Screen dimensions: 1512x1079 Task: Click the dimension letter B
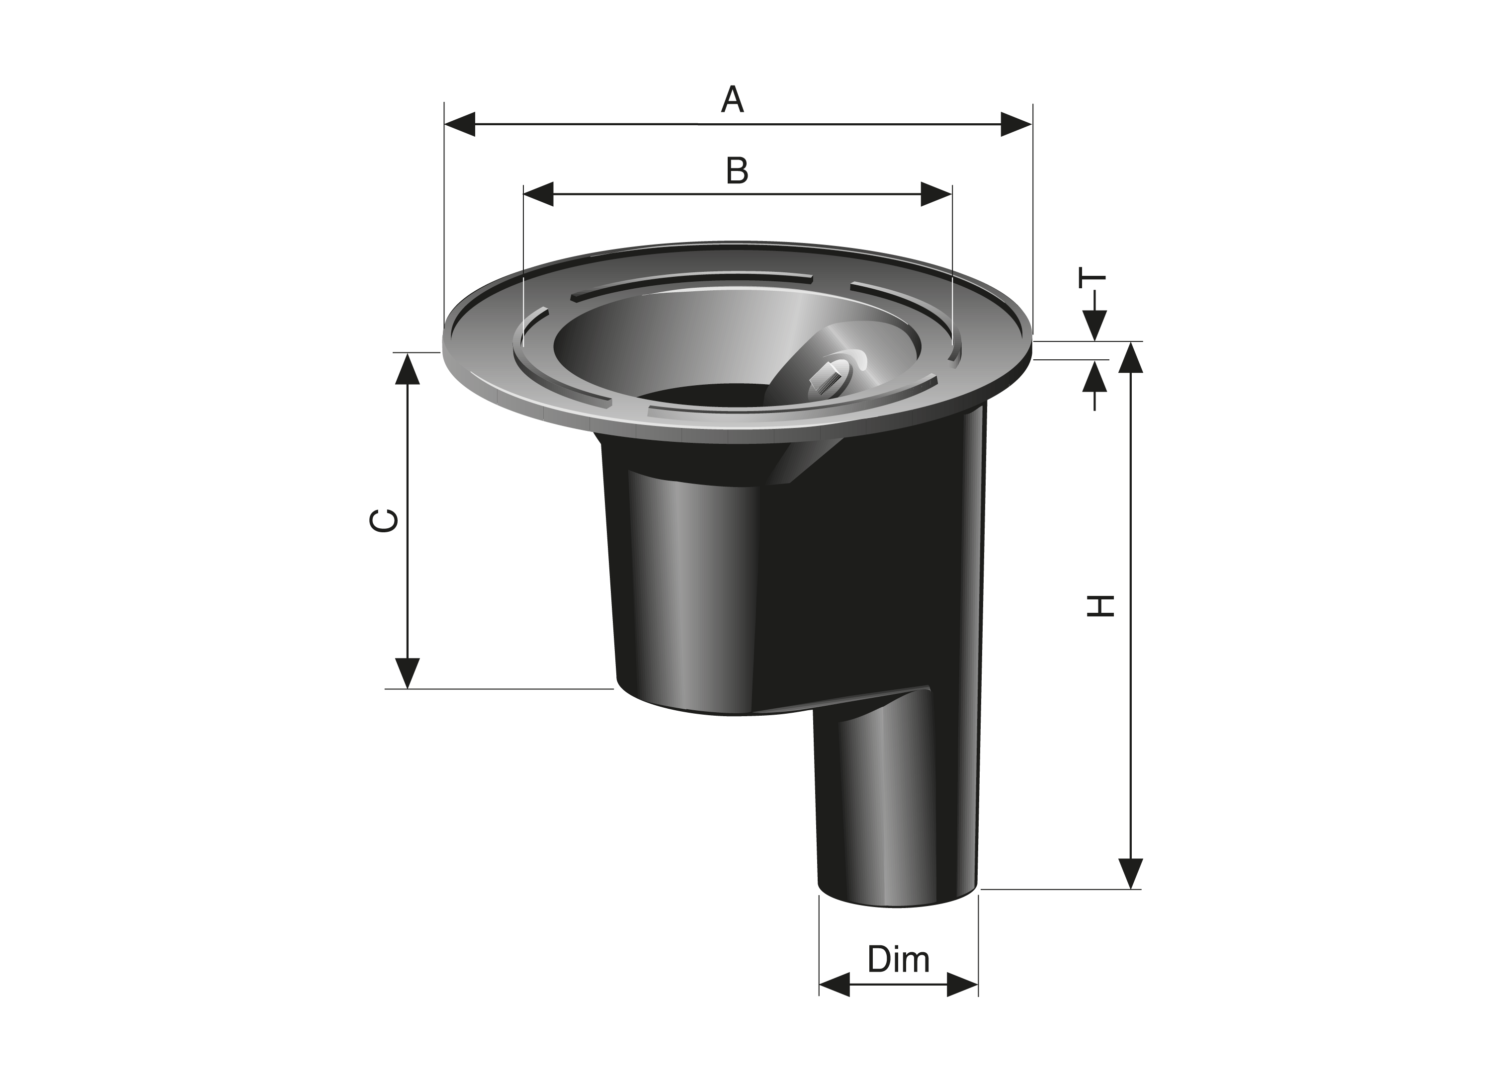(x=737, y=171)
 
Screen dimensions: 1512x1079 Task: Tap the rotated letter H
(x=1099, y=605)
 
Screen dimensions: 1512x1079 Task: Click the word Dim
(x=898, y=959)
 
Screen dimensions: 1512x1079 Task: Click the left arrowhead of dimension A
(x=460, y=124)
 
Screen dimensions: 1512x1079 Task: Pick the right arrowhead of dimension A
(x=1016, y=124)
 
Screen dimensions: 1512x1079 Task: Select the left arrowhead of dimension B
(x=539, y=194)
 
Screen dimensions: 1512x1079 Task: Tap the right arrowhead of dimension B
(x=936, y=194)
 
